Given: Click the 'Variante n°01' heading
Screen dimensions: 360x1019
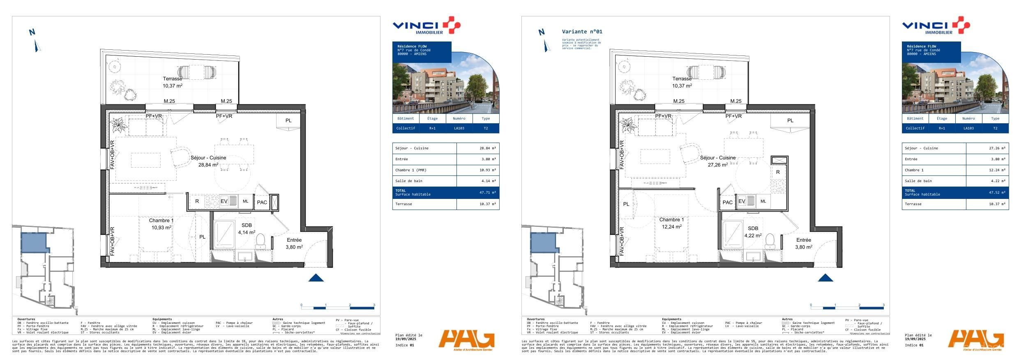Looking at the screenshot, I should [x=582, y=32].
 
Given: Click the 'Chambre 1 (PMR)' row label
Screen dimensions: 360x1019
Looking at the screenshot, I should [x=411, y=170].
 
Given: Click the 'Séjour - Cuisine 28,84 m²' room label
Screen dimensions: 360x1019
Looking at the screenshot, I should [x=208, y=161].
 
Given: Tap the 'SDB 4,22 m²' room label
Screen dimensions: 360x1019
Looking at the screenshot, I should [x=753, y=232].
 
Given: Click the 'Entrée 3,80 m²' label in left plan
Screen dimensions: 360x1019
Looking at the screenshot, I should [x=294, y=243].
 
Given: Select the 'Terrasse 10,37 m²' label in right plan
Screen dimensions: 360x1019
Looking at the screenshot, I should [x=682, y=82].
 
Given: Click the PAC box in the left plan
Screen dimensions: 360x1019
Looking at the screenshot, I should [x=262, y=202].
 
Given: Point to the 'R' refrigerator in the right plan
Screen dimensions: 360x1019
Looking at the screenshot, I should [x=778, y=172].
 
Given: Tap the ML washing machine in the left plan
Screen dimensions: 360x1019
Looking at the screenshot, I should [x=245, y=201].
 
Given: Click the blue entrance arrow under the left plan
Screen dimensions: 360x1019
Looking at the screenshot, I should [x=316, y=278].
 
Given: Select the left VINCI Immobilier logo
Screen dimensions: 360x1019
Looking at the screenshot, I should [x=426, y=26].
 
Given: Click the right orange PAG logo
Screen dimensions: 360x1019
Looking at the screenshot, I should [x=976, y=340].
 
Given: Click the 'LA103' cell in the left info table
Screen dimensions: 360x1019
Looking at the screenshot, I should [x=459, y=128].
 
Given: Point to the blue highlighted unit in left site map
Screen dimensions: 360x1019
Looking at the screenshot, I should [x=34, y=242].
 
